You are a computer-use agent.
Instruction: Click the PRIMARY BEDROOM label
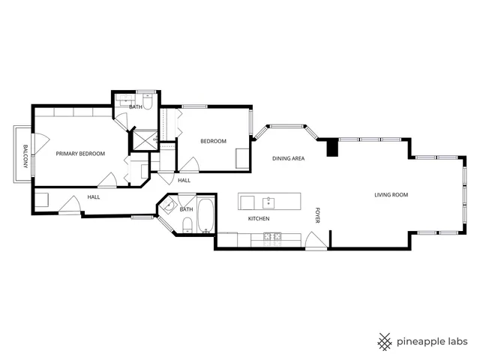(80, 154)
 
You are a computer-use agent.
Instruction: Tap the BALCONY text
(25, 156)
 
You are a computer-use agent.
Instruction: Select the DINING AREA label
(288, 159)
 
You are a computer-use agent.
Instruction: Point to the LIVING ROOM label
(391, 195)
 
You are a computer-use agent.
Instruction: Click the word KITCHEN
(259, 219)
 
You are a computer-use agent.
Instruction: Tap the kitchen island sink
(268, 201)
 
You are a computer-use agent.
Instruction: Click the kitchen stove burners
(271, 238)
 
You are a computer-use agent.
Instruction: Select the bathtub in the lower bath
(205, 216)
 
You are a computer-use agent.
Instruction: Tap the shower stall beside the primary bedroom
(141, 139)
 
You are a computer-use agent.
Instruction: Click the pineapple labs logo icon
(385, 341)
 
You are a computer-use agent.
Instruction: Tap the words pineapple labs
(433, 341)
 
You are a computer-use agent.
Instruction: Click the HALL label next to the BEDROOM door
(184, 181)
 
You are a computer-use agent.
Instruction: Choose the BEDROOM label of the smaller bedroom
(213, 141)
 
